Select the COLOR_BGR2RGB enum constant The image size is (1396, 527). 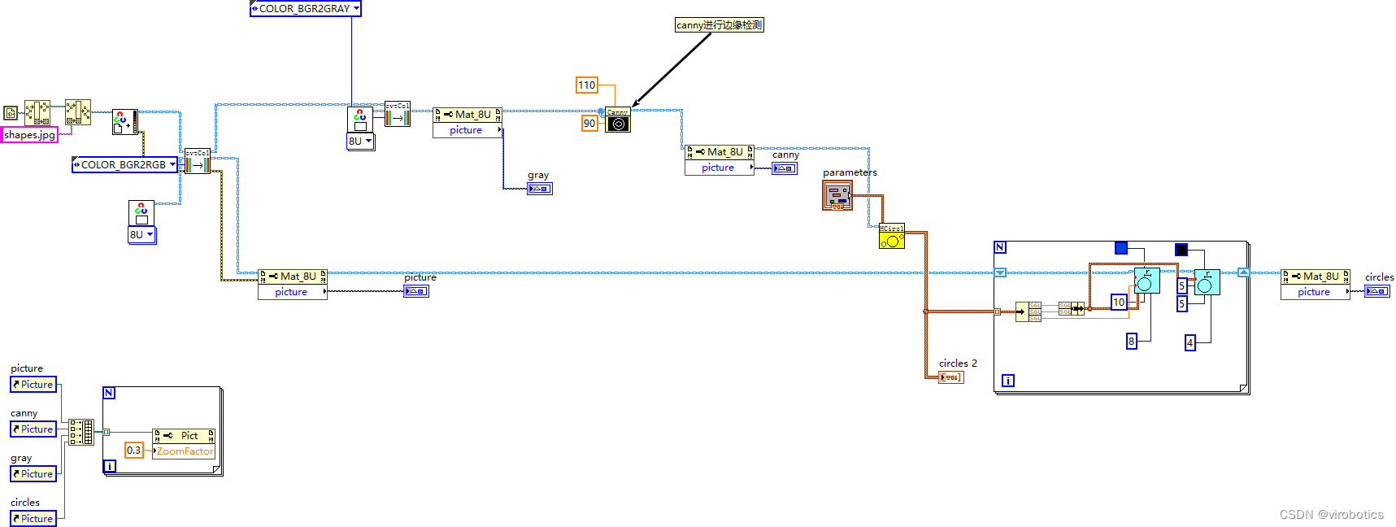pos(124,165)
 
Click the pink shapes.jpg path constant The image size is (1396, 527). pos(30,135)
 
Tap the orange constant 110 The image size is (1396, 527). pos(587,85)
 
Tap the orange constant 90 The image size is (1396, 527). pos(589,124)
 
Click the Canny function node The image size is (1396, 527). pos(618,120)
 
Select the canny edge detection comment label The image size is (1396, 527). pos(719,25)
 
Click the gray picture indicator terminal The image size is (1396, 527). pos(540,189)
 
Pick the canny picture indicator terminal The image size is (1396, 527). pos(785,168)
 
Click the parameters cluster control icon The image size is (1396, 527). pos(837,196)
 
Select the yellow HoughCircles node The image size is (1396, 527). pos(891,237)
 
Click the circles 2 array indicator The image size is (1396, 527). pos(950,377)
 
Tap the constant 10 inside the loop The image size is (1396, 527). pos(1119,303)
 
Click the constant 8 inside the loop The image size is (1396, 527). pos(1131,342)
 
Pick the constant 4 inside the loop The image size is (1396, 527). pos(1190,343)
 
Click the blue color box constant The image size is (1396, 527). pos(1121,248)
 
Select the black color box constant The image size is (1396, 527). pos(1181,250)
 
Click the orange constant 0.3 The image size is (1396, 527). pos(134,451)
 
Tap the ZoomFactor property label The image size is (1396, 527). pos(185,451)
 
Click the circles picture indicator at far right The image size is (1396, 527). pos(1376,291)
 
